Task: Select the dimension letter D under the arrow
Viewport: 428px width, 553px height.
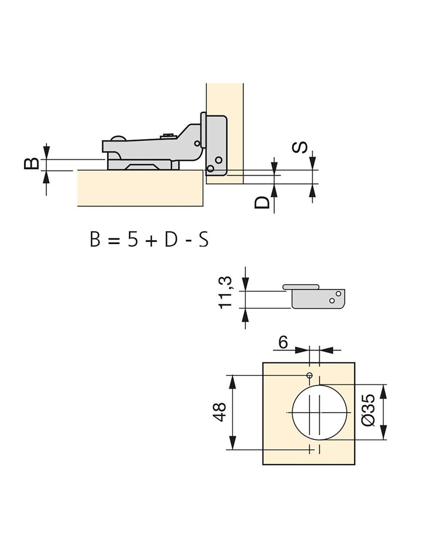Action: coord(262,202)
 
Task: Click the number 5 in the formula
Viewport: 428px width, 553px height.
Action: coord(133,238)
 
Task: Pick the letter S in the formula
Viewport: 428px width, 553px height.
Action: coord(203,238)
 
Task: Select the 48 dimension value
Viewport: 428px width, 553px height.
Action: coord(219,412)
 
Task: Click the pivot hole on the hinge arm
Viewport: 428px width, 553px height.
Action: coord(197,143)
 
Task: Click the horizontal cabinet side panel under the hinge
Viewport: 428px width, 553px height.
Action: coord(140,188)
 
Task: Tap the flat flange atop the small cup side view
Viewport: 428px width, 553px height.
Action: coord(301,287)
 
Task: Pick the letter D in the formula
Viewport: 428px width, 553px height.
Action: coord(170,238)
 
